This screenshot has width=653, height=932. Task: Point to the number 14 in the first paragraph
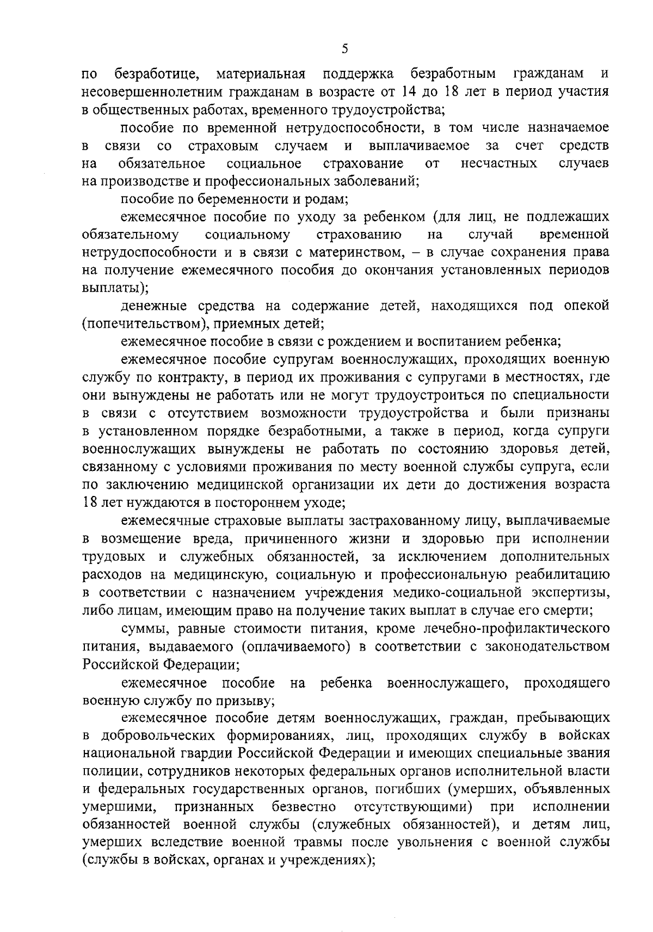(412, 91)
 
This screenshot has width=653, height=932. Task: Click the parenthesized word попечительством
(146, 324)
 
